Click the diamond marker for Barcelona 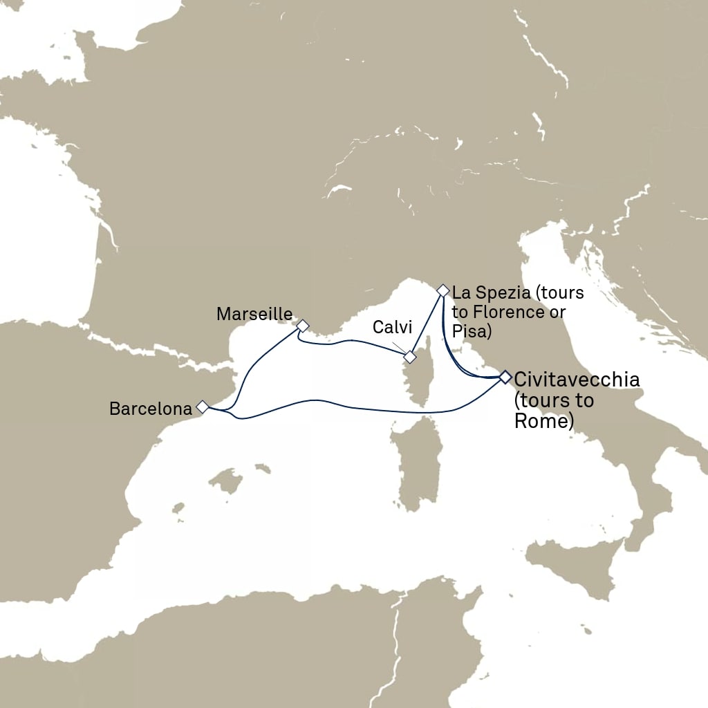pyautogui.click(x=203, y=407)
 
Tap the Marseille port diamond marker pyautogui.click(x=302, y=325)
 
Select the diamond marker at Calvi pyautogui.click(x=410, y=357)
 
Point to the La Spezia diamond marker pyautogui.click(x=443, y=290)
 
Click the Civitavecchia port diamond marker pyautogui.click(x=505, y=377)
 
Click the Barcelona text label pyautogui.click(x=150, y=409)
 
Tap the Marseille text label pyautogui.click(x=254, y=314)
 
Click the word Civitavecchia pyautogui.click(x=577, y=379)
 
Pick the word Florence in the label pyautogui.click(x=507, y=312)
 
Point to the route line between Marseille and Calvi pyautogui.click(x=353, y=340)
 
